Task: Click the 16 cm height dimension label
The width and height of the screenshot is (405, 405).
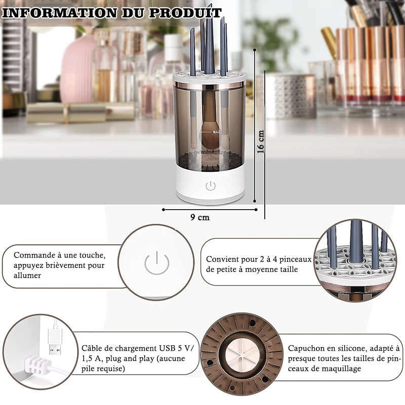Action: (261, 142)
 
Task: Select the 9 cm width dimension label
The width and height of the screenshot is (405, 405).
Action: (200, 217)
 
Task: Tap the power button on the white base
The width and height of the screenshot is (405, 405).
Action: (211, 186)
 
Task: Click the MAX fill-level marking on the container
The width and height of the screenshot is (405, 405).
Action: (217, 132)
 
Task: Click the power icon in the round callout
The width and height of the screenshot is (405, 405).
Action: (157, 263)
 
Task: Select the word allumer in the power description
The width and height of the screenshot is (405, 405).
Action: (27, 275)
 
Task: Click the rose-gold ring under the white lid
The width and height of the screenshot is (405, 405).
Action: (209, 85)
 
